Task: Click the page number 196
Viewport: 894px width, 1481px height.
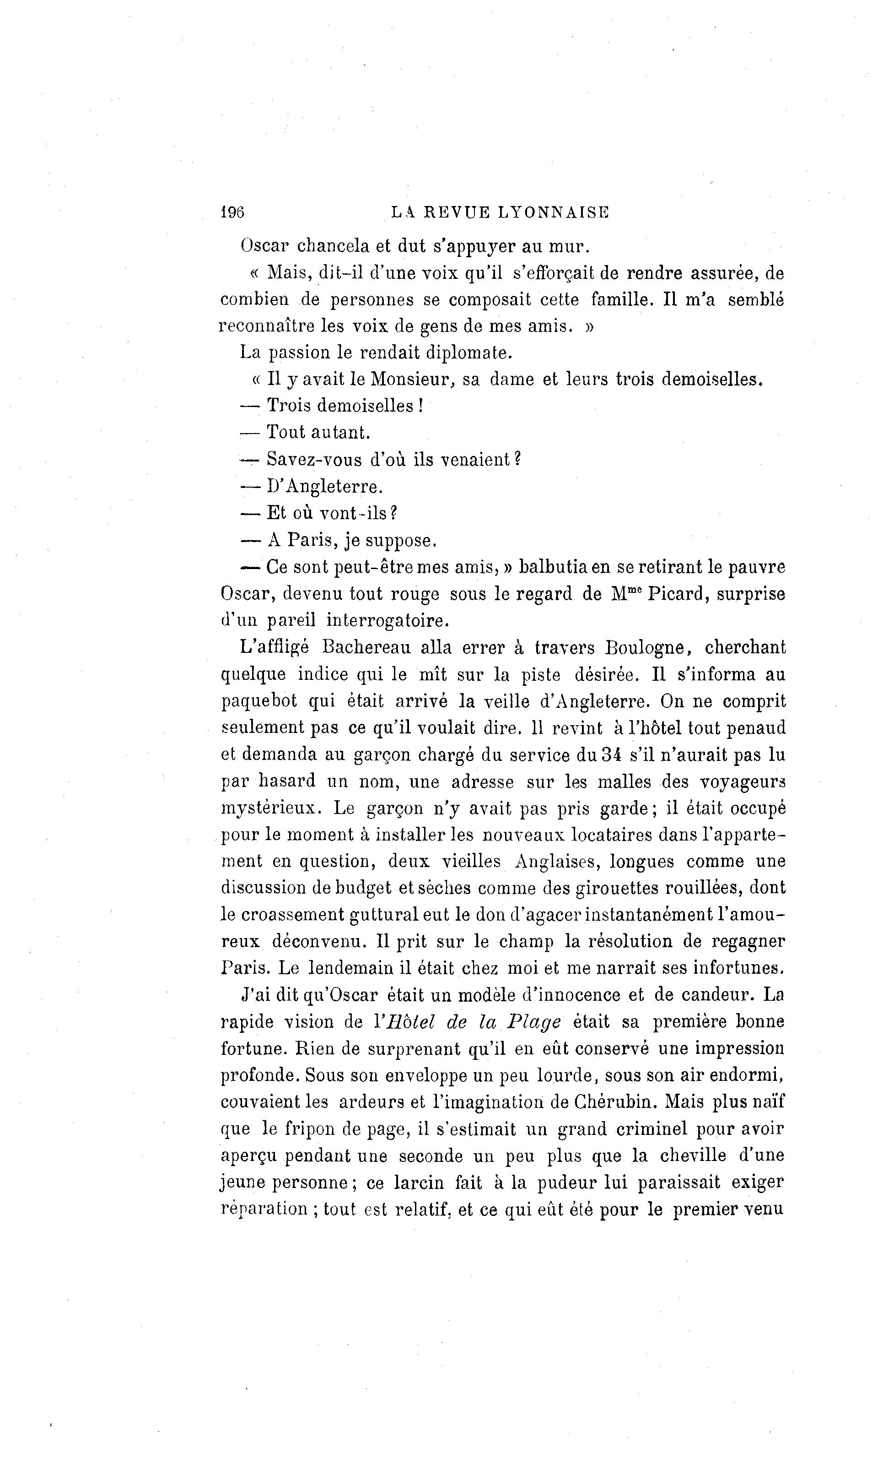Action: click(x=232, y=212)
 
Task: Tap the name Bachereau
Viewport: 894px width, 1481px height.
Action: click(x=366, y=647)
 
